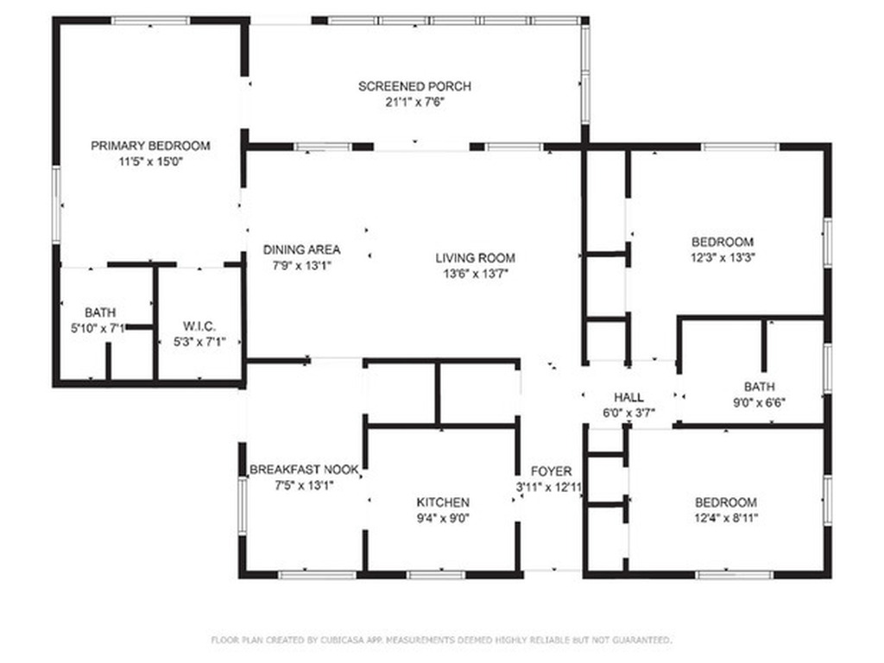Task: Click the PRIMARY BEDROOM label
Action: pyautogui.click(x=150, y=145)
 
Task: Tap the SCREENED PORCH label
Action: pyautogui.click(x=414, y=86)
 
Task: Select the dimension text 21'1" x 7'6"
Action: pyautogui.click(x=414, y=102)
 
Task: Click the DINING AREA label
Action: pyautogui.click(x=301, y=250)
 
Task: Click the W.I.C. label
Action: pyautogui.click(x=199, y=325)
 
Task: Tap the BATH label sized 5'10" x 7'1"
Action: pyautogui.click(x=100, y=312)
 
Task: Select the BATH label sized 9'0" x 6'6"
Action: pyautogui.click(x=759, y=386)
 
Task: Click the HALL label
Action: pyautogui.click(x=628, y=397)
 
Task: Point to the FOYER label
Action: pyautogui.click(x=551, y=471)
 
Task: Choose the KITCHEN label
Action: pyautogui.click(x=443, y=502)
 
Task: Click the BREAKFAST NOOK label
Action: pyautogui.click(x=304, y=470)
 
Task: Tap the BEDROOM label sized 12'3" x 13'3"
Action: pyautogui.click(x=723, y=242)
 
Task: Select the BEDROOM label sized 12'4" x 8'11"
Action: pyautogui.click(x=726, y=502)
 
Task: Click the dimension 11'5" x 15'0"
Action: pyautogui.click(x=150, y=161)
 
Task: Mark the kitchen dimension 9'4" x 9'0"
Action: pyautogui.click(x=443, y=518)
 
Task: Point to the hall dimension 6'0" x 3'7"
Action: pyautogui.click(x=628, y=413)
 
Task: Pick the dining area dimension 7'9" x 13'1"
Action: pyautogui.click(x=301, y=266)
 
